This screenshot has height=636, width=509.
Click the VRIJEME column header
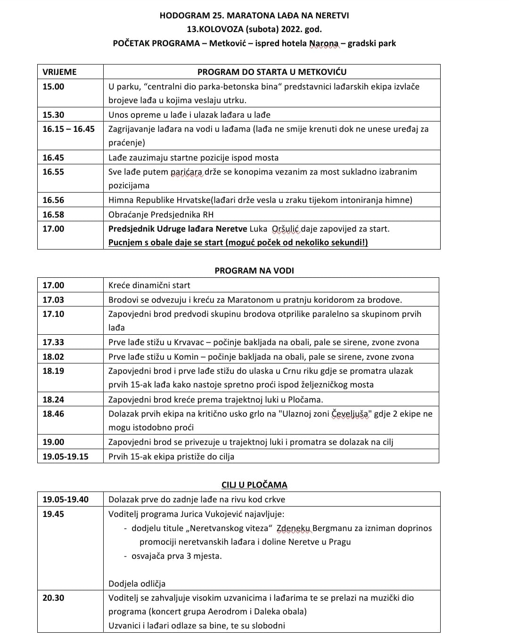point(59,72)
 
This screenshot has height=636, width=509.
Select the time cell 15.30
point(53,115)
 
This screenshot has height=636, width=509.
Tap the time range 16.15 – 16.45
point(68,129)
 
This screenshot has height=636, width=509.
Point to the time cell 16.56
point(53,200)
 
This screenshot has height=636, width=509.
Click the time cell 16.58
point(53,215)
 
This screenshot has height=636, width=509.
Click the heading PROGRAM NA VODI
point(254,271)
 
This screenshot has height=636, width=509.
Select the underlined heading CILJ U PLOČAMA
point(254,485)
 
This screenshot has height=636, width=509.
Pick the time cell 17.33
point(53,342)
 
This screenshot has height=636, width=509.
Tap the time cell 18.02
point(53,357)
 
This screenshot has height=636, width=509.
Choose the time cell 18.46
point(53,414)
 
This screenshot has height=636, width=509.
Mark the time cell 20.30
point(53,598)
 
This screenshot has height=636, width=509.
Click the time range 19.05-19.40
point(66,499)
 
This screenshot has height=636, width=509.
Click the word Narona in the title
point(324,44)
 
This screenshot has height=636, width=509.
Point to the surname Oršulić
point(286,229)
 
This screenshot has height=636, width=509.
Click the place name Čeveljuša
point(351,414)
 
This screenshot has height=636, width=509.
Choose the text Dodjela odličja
point(137,584)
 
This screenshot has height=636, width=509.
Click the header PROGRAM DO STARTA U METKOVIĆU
point(271,72)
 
